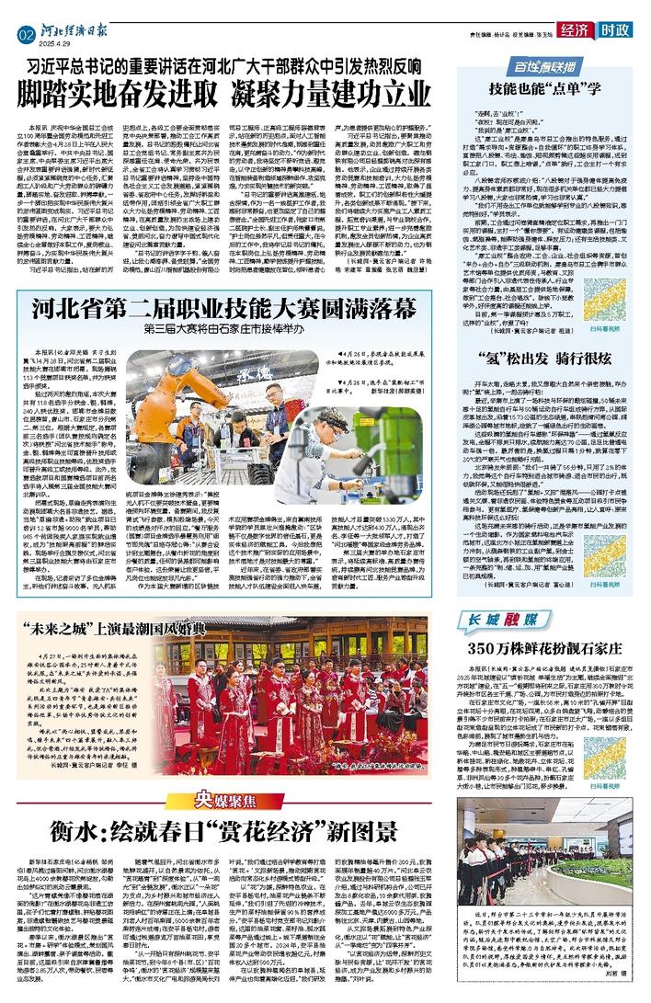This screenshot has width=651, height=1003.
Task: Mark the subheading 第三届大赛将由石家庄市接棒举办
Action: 259,325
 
